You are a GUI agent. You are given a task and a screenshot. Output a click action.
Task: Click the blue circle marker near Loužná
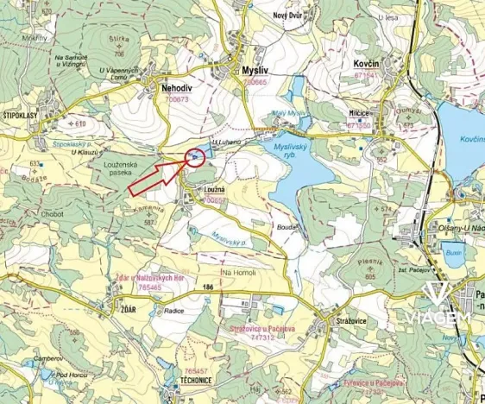coord(195,156)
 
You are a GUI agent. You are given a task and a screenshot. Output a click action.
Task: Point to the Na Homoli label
coord(240,274)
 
